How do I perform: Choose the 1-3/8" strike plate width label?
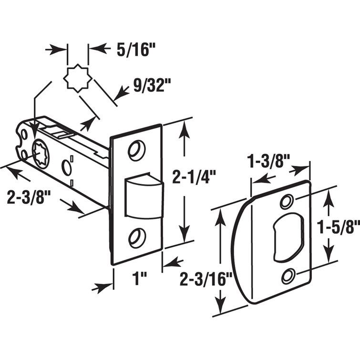tap(269, 161)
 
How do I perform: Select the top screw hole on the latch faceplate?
tap(136, 149)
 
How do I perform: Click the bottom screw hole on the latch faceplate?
tap(136, 237)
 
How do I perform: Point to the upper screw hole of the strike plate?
tap(287, 202)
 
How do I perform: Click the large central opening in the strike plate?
tap(286, 237)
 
